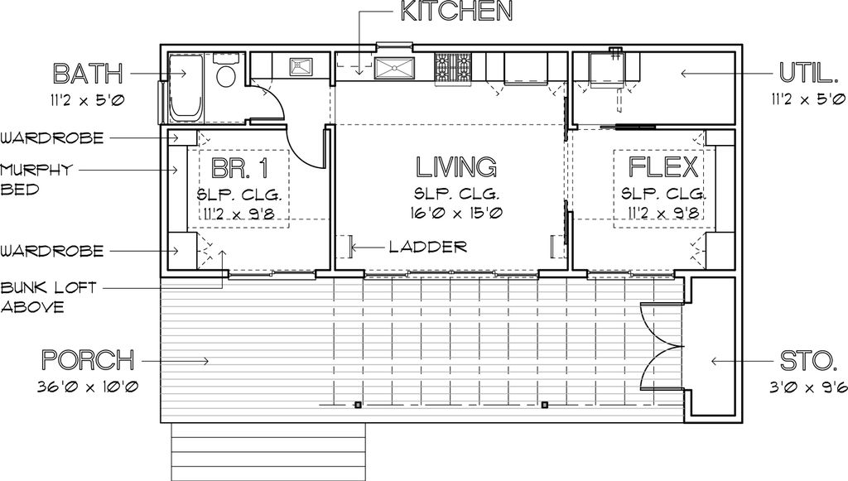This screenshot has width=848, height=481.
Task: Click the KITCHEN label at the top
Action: tap(456, 11)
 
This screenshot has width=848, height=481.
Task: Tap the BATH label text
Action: tap(88, 74)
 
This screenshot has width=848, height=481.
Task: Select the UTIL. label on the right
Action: tap(806, 74)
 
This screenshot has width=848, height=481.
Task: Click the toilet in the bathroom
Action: tap(225, 75)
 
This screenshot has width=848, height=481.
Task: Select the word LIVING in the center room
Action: tap(456, 167)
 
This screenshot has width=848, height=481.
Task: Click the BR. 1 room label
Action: tap(239, 168)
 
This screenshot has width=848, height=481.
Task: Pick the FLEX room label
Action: tap(664, 167)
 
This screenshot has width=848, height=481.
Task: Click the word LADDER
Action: tap(427, 247)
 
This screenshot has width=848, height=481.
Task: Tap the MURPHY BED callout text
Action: tap(36, 179)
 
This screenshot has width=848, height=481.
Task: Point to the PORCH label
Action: tap(87, 361)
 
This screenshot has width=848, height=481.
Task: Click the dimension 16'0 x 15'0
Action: tap(456, 214)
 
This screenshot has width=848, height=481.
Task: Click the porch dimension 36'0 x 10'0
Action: tap(87, 387)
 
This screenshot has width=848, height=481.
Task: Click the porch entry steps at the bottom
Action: tap(268, 451)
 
